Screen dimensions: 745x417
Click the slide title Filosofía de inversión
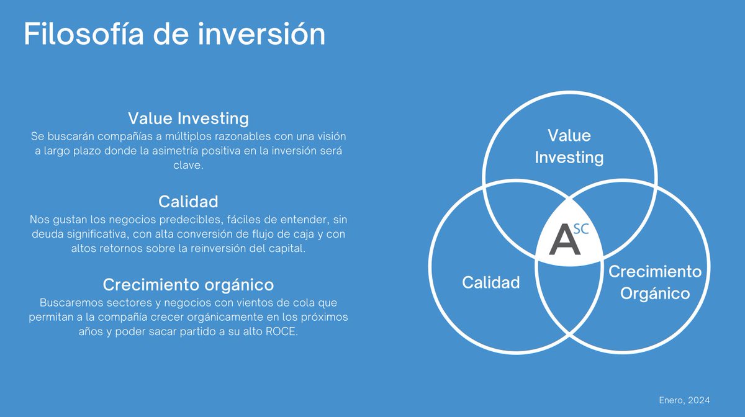pos(174,34)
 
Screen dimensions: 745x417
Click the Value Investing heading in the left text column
pos(188,118)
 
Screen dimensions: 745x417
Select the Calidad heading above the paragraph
pos(188,202)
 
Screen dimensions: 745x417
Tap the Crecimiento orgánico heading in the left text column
pos(188,285)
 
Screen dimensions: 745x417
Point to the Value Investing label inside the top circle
pos(569,146)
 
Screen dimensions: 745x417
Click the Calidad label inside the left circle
pos(490,283)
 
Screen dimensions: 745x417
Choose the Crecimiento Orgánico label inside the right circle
pos(655,282)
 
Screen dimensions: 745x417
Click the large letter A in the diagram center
pos(565,241)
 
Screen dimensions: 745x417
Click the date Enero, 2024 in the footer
pos(684,400)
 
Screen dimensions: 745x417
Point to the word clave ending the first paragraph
pos(188,165)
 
